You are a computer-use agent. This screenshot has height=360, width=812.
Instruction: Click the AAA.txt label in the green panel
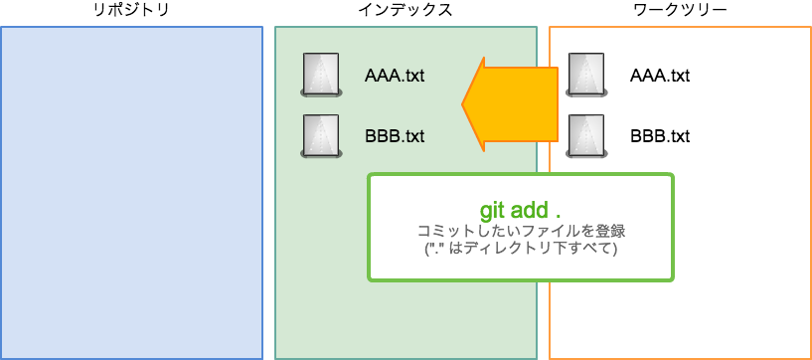[395, 76]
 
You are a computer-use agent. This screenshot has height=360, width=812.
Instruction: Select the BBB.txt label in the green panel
[395, 135]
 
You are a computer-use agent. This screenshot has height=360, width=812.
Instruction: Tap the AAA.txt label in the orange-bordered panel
[660, 76]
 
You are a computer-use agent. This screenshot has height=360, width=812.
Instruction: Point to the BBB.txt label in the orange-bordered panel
[660, 135]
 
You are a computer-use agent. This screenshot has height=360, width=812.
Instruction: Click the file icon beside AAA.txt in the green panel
[321, 76]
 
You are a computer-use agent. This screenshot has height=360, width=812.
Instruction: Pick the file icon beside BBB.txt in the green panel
[321, 136]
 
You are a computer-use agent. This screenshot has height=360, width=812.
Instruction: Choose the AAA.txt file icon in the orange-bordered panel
[586, 76]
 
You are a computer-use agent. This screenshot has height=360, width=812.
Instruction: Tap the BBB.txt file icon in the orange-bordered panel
[586, 136]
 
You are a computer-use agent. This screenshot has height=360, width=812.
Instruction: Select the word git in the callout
[494, 211]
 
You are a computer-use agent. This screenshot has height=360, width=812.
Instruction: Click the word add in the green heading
[532, 211]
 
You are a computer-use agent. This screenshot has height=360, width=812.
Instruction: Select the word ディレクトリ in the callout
[505, 249]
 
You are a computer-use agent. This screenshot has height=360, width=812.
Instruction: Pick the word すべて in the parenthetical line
[589, 249]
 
